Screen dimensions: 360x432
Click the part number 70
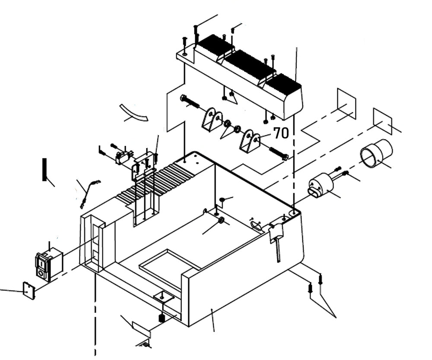pyautogui.click(x=281, y=133)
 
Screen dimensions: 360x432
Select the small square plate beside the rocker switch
pyautogui.click(x=29, y=291)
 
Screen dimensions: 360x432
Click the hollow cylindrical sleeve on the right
pyautogui.click(x=376, y=154)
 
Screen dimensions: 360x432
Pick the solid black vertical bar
pyautogui.click(x=44, y=169)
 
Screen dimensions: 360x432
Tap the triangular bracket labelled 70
pyautogui.click(x=250, y=141)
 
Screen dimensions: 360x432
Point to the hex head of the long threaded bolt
pyautogui.click(x=183, y=98)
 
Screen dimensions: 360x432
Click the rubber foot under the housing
pyautogui.click(x=162, y=318)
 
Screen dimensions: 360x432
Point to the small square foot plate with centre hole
pyautogui.click(x=163, y=297)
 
